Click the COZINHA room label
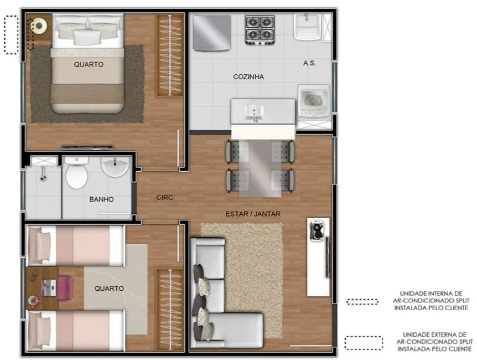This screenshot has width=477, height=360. (x=248, y=77)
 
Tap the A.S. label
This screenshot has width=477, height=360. (x=309, y=63)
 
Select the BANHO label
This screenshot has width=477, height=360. (x=101, y=199)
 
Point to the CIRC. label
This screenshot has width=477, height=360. (x=166, y=197)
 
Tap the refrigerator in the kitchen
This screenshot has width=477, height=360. (x=211, y=33)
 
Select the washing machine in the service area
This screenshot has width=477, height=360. (x=314, y=101)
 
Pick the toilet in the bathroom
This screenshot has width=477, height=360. (x=76, y=174)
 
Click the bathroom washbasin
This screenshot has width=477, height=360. (x=115, y=167)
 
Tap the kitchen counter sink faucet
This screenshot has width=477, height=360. (x=255, y=113)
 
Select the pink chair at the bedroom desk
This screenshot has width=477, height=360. (x=65, y=287)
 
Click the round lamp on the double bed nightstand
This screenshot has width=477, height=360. (x=39, y=24)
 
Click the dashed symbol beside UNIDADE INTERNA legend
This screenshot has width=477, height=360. (x=362, y=301)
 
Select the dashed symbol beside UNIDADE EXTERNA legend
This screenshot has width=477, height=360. (x=363, y=343)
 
